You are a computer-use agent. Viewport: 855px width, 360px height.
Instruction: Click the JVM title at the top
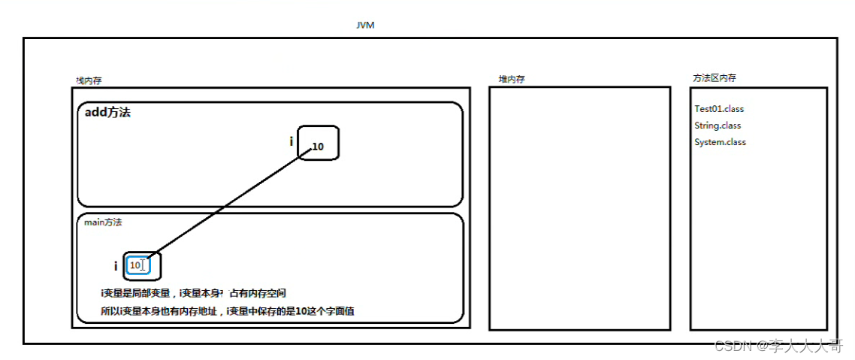point(365,26)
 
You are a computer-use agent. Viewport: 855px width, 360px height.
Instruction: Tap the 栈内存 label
point(88,80)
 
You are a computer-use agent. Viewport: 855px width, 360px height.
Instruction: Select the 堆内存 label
point(512,79)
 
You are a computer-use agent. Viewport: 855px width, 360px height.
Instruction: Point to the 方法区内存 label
point(715,77)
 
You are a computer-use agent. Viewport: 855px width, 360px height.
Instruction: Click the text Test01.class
point(719,109)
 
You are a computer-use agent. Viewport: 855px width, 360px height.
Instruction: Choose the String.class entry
point(718,126)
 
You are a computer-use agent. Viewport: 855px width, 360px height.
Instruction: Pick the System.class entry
point(720,142)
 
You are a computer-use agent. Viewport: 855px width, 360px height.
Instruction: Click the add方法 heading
point(108,113)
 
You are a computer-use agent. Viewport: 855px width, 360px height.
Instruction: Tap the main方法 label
point(103,222)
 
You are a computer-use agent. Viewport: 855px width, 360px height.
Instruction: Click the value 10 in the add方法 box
point(319,147)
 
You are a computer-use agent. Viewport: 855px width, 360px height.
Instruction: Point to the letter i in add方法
point(292,141)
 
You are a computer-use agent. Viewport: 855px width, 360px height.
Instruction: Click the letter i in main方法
point(116,266)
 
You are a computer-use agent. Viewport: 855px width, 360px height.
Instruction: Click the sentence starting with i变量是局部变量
point(194,293)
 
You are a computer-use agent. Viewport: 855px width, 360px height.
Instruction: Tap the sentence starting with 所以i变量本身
point(227,310)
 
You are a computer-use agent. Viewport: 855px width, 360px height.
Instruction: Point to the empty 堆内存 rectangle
point(579,208)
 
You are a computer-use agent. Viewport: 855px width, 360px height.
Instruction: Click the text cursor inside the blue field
point(143,265)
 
